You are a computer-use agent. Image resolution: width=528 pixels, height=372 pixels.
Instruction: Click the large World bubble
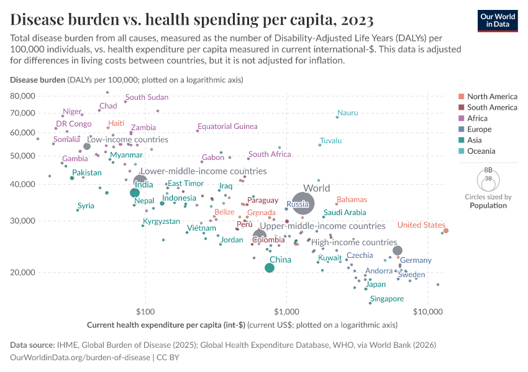pos(303,203)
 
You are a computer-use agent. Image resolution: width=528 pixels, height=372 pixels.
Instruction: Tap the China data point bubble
pos(270,268)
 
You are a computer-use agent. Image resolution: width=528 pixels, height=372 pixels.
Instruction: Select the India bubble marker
pos(135,193)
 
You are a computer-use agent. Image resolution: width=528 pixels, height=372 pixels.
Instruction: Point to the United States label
pos(421,225)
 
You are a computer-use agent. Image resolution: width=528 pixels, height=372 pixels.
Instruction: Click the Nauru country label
pos(348,113)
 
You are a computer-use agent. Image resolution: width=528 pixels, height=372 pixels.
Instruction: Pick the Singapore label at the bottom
pos(386,299)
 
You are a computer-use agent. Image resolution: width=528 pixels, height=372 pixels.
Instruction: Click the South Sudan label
pos(147,97)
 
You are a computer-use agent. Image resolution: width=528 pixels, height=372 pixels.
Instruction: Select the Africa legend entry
pos(479,118)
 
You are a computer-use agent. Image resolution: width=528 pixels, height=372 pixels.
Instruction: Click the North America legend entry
pos(492,97)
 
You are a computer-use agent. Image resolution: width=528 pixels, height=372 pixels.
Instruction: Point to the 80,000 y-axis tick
pos(23,96)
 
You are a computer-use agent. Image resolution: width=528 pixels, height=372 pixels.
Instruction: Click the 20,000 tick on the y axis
pos(23,272)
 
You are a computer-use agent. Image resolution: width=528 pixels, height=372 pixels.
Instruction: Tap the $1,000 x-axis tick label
pos(286,311)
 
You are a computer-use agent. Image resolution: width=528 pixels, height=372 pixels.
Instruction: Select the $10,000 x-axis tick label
pos(427,311)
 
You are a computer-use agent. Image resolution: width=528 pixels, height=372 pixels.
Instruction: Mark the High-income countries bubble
pos(398,250)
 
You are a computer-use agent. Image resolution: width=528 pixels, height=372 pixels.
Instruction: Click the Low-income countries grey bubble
pos(87,146)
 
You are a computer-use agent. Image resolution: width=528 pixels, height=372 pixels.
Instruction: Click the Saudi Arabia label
pos(345,212)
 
